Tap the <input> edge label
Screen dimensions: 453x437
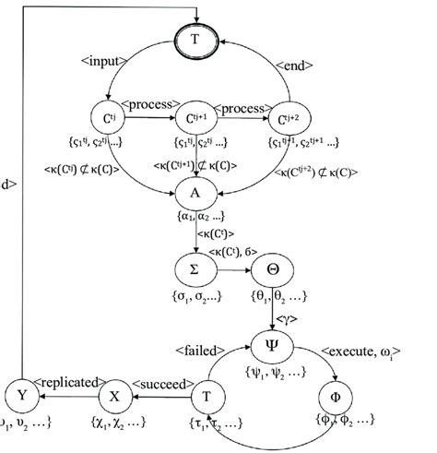pos(104,62)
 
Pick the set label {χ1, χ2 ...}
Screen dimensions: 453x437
pos(118,423)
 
